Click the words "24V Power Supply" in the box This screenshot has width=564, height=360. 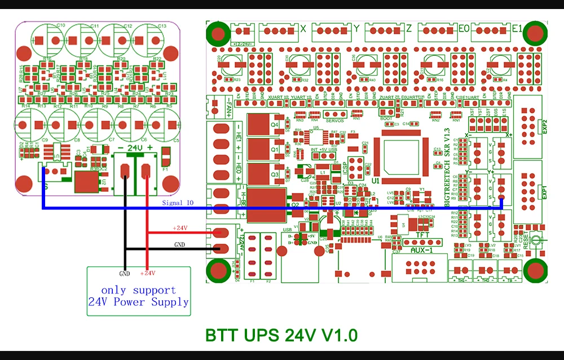(x=138, y=302)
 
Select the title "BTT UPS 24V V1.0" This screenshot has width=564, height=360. (x=281, y=335)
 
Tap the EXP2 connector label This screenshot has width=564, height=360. (x=545, y=125)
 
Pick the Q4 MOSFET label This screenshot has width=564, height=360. (x=275, y=124)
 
